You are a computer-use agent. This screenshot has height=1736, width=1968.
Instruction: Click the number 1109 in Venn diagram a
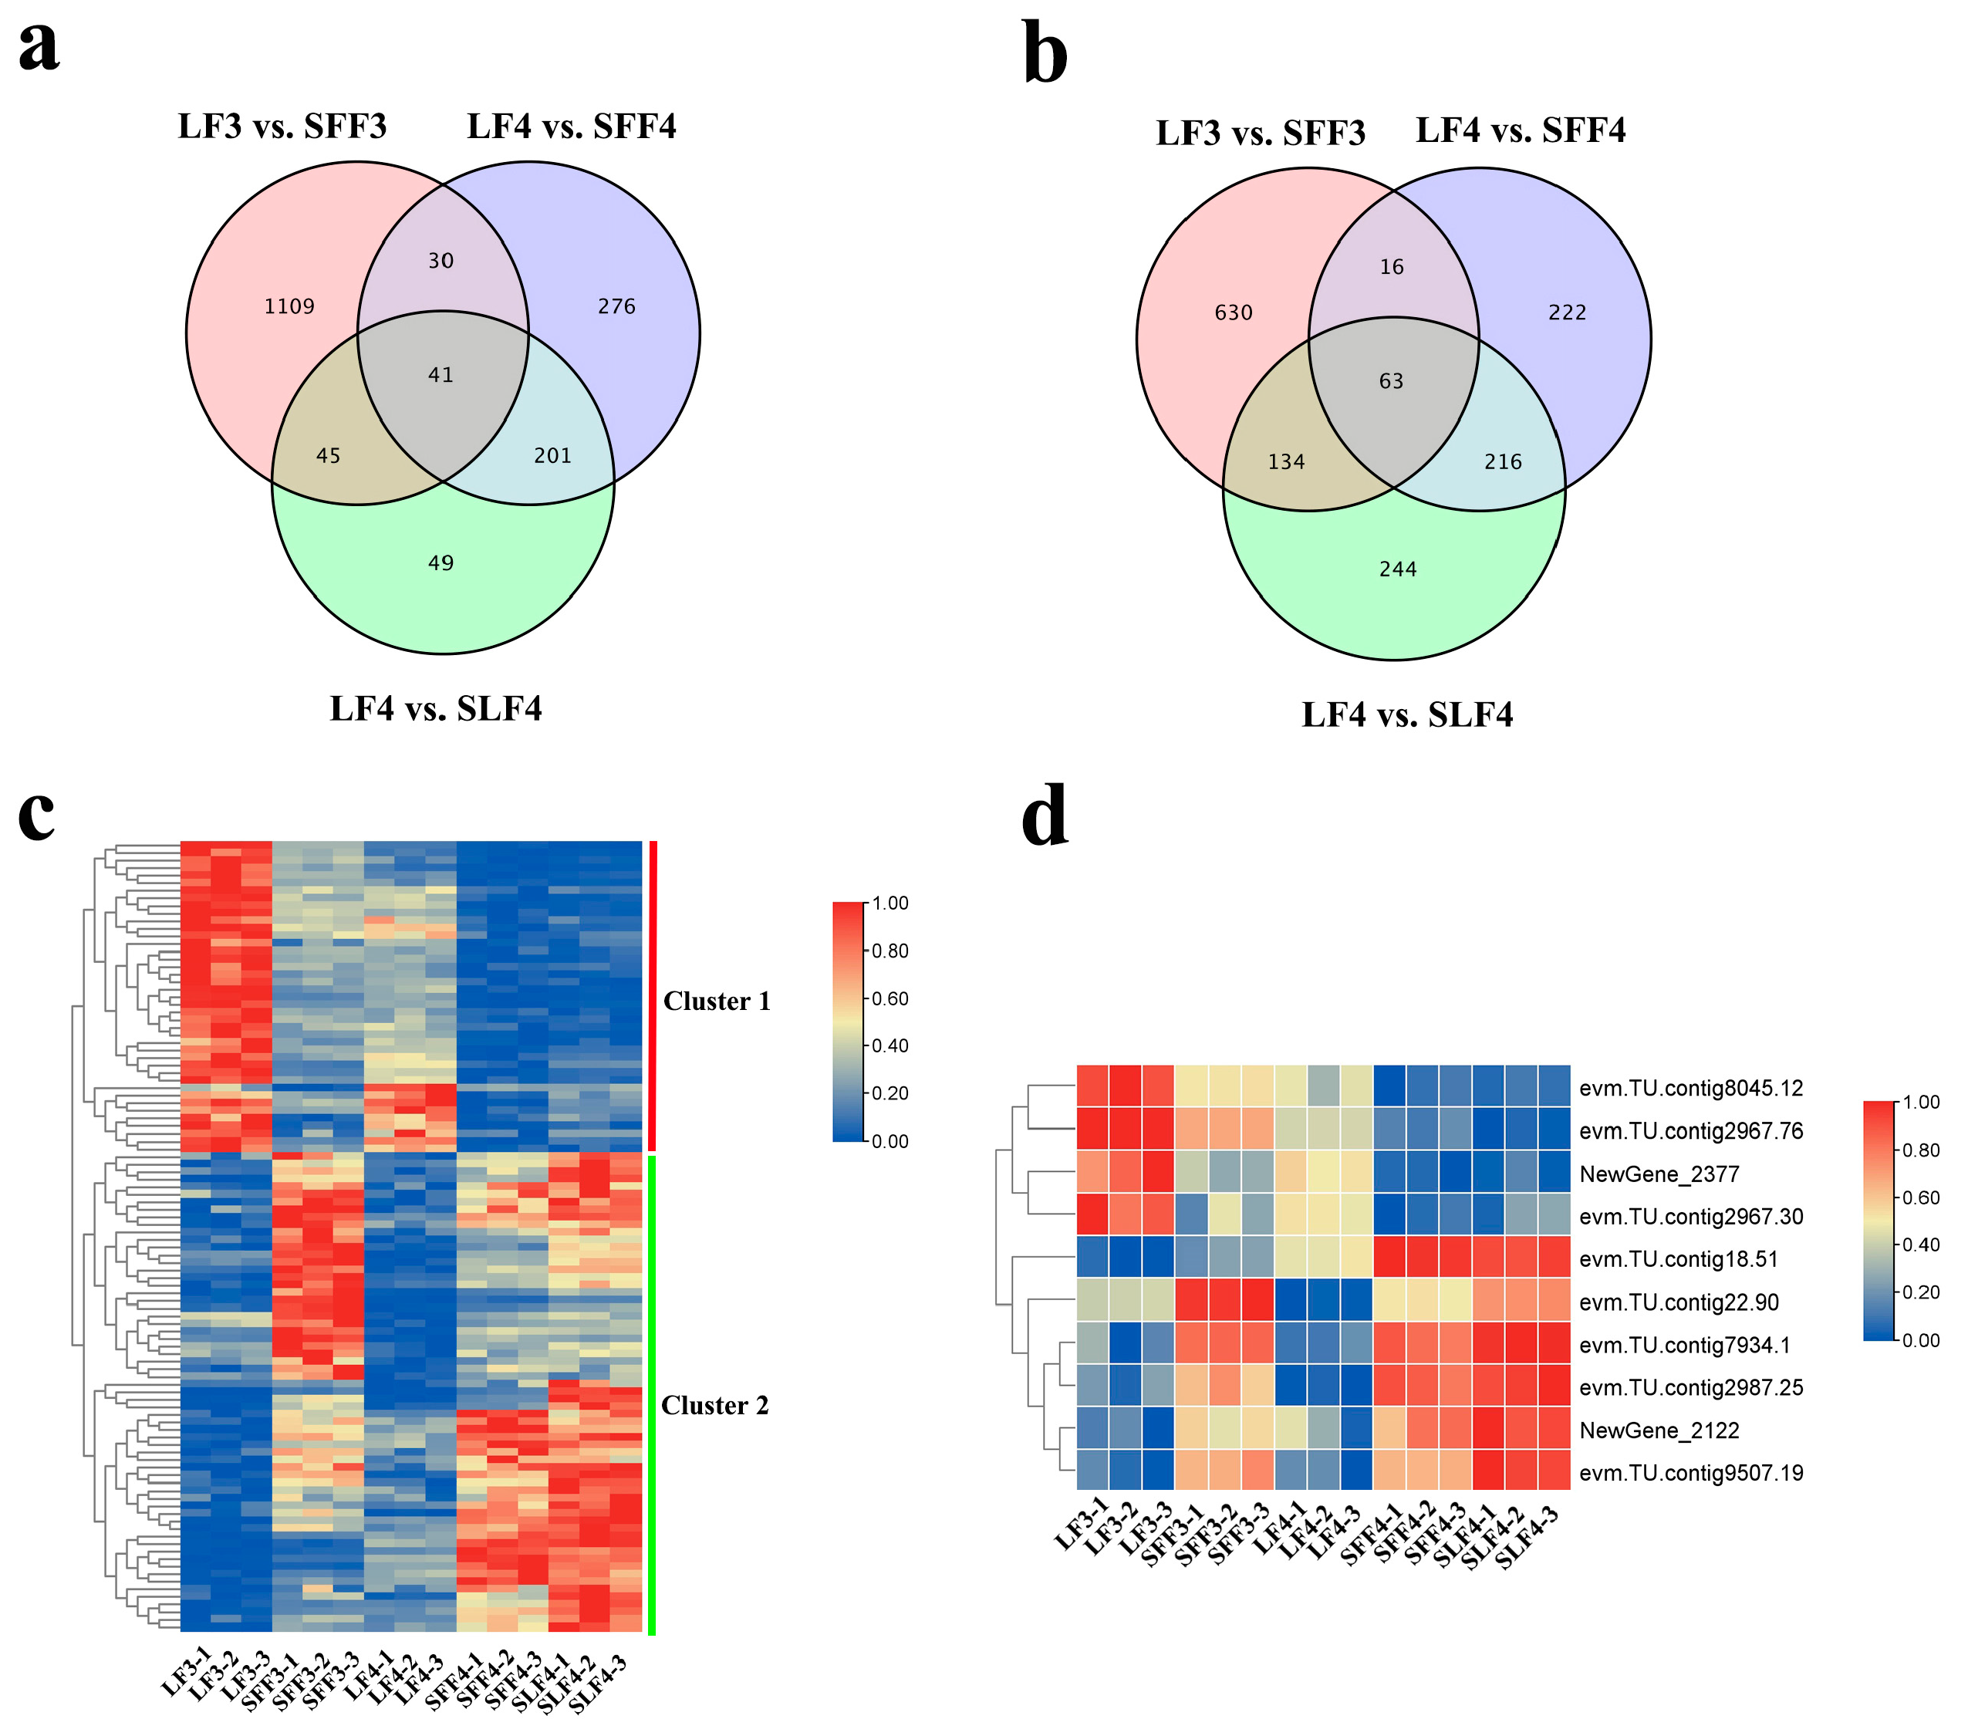(x=290, y=306)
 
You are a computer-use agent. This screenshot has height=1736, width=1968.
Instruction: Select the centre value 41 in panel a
(x=441, y=374)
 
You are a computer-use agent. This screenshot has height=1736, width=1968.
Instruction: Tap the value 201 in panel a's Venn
(x=552, y=455)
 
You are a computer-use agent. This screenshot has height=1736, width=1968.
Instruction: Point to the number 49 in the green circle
(x=441, y=563)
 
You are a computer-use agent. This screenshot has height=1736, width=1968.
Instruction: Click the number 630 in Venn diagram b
(x=1234, y=313)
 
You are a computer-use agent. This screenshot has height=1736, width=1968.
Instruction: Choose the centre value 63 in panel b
(x=1391, y=381)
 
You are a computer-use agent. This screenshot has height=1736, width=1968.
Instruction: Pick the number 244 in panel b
(x=1398, y=569)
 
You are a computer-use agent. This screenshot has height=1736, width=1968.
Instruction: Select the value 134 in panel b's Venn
(x=1286, y=462)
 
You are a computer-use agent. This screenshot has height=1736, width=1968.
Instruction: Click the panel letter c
(x=36, y=813)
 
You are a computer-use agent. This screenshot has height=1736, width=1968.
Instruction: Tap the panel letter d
(x=1045, y=816)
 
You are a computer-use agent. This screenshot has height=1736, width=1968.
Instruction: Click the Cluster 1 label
(x=717, y=1001)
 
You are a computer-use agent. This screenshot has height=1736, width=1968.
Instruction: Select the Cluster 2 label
(x=714, y=1406)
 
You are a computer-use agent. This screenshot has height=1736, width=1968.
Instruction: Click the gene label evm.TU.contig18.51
(x=1678, y=1259)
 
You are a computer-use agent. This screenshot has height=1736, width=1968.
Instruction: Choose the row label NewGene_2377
(x=1659, y=1174)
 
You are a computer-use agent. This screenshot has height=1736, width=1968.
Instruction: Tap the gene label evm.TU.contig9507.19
(x=1691, y=1473)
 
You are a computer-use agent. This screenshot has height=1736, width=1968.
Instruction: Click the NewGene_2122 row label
(x=1659, y=1430)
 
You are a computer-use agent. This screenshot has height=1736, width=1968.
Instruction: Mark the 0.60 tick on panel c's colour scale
(x=889, y=998)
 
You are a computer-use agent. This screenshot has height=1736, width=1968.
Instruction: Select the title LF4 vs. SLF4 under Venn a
(x=435, y=708)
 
